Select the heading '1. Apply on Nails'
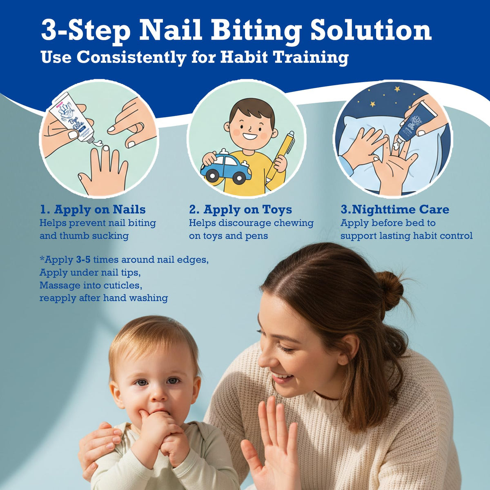[x=93, y=209]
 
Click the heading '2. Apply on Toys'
[x=240, y=209]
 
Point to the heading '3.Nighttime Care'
[x=395, y=209]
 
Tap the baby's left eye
[x=173, y=381]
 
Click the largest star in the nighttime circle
[x=397, y=89]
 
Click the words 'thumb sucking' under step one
[x=94, y=236]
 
